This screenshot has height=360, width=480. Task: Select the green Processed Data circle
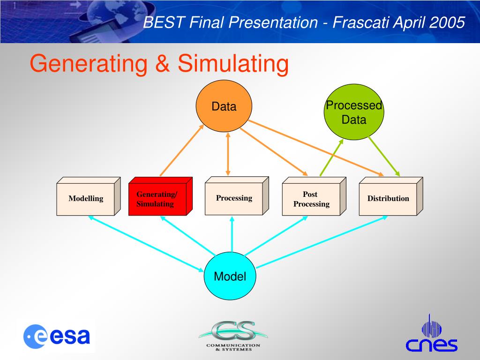pyautogui.click(x=354, y=112)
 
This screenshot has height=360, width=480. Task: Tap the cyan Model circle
pyautogui.click(x=230, y=277)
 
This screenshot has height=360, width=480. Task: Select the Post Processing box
pyautogui.click(x=311, y=199)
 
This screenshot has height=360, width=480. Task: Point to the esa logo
pyautogui.click(x=57, y=336)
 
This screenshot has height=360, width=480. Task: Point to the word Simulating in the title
pyautogui.click(x=232, y=64)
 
